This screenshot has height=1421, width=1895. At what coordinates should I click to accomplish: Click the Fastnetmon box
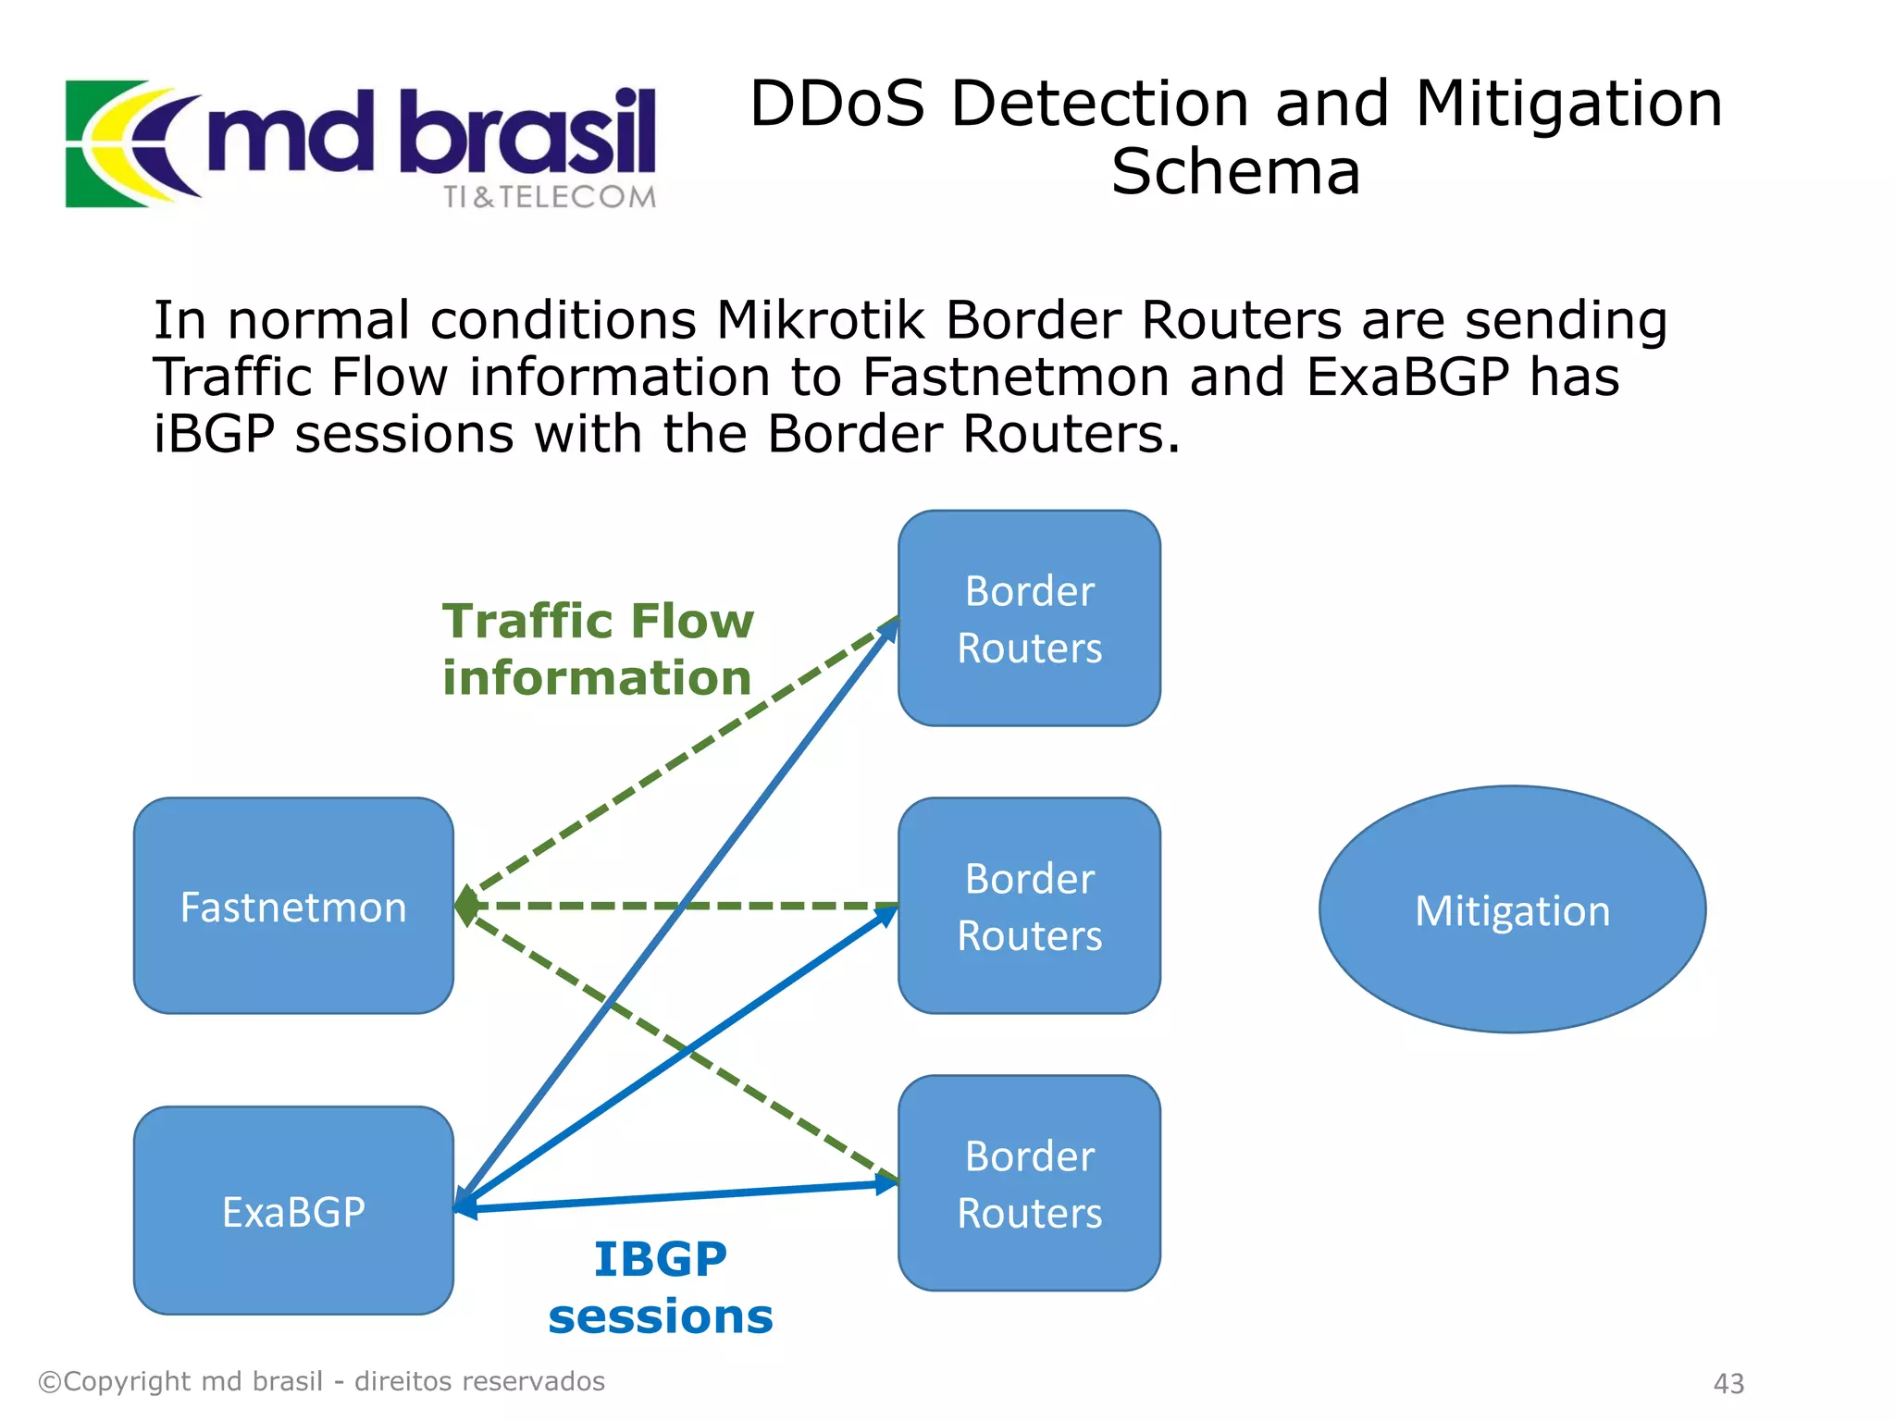pos(293,906)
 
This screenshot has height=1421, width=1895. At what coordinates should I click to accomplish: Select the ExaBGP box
pos(293,1210)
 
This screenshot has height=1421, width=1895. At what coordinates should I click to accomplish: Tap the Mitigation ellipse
pos(1512,909)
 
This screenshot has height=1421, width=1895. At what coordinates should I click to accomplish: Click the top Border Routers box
pos(1029,618)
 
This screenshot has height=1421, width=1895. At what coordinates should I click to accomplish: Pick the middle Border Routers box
pos(1029,906)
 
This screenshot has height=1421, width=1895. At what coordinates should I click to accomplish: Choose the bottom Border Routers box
pos(1029,1183)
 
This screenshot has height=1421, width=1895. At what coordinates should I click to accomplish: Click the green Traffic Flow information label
pos(598,649)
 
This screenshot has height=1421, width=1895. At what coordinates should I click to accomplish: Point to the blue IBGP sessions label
pos(661,1287)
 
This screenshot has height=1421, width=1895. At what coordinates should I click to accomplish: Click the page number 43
pos(1728,1383)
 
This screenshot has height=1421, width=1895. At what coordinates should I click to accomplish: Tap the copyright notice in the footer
pos(321,1381)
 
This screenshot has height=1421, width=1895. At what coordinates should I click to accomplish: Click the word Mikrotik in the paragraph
pos(820,320)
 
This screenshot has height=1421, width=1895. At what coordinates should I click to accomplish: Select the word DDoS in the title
pos(836,103)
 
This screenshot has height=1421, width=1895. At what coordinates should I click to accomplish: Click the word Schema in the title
pos(1235,172)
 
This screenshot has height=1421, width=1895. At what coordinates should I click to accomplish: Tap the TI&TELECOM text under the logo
pos(550,197)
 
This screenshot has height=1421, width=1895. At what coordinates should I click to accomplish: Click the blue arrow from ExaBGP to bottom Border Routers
pos(675,1197)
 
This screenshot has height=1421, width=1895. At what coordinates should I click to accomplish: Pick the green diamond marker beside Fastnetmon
pos(467,906)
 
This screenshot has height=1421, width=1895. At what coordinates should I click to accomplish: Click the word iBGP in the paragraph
pos(214,434)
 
